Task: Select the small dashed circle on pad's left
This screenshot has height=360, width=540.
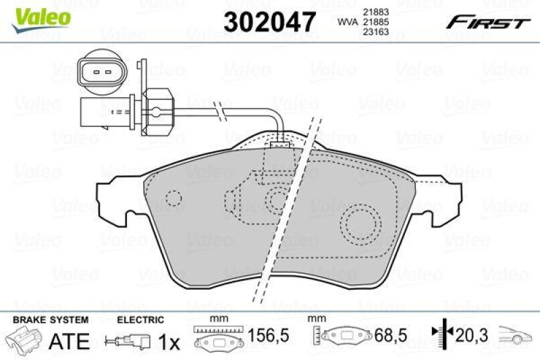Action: [174, 199]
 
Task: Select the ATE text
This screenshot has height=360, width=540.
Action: [70, 341]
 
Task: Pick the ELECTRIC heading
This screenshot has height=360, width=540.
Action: [140, 319]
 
